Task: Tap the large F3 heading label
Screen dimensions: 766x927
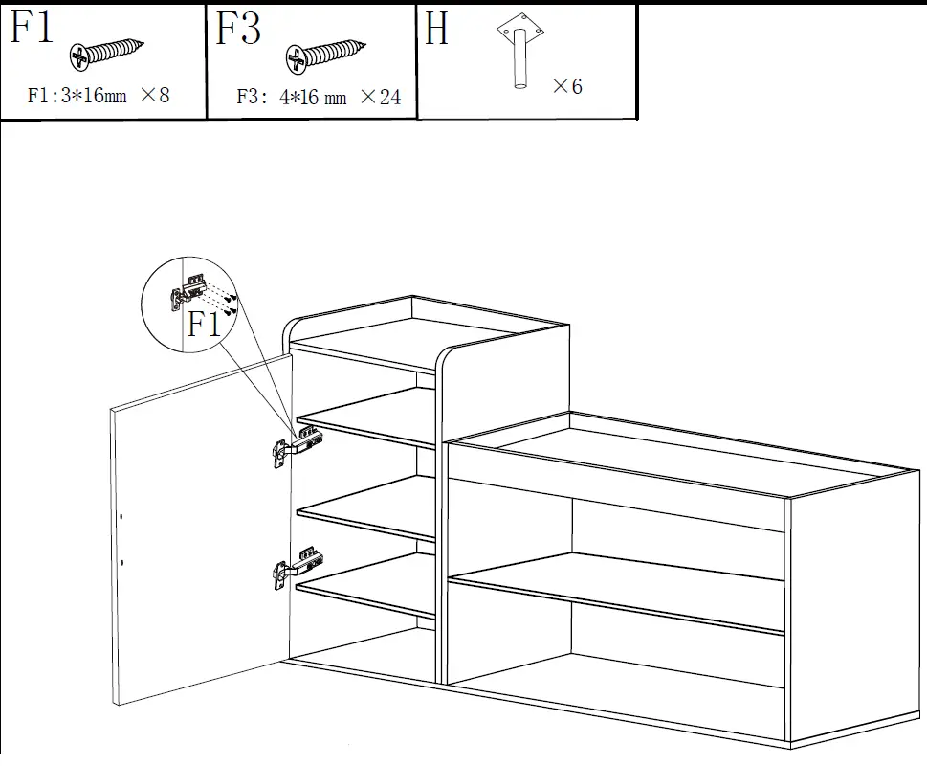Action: [238, 28]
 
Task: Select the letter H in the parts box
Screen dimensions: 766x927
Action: [437, 30]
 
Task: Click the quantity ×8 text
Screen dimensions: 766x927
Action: [154, 95]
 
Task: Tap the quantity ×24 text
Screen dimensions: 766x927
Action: [380, 97]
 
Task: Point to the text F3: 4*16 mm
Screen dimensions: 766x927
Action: [291, 98]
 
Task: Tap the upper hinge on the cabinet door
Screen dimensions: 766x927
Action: [296, 446]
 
